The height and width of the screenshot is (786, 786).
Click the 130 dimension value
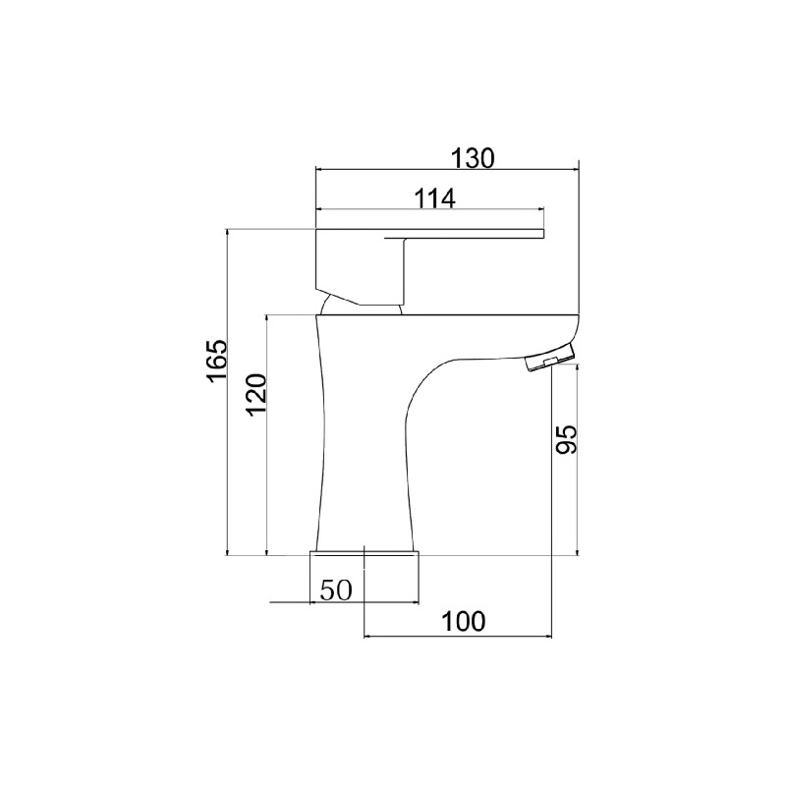pos(473,158)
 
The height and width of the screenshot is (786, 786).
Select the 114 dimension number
pos(434,198)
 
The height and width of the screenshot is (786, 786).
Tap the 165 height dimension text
pos(217,361)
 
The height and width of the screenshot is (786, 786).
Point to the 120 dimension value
pos(256,394)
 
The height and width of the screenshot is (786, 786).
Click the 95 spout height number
pos(567,439)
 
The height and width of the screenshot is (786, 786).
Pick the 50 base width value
pos(336,590)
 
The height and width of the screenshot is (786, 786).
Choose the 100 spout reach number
pos(463,622)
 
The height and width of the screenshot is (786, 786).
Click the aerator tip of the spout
pos(550,358)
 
